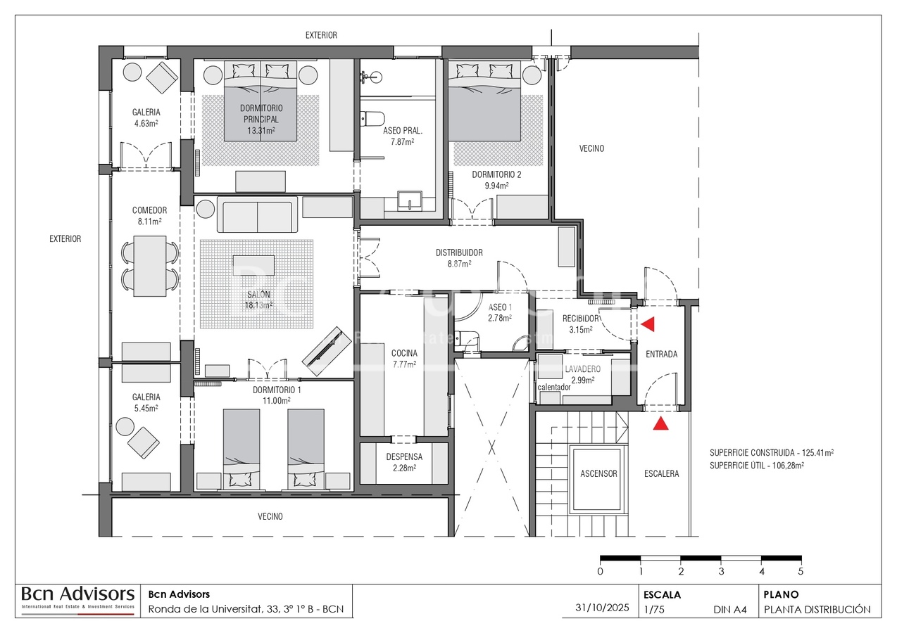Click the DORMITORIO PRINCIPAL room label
tap(261, 113)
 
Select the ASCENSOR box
tap(598, 473)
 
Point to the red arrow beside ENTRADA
tap(648, 324)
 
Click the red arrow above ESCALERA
tap(660, 423)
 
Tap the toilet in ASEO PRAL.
tap(371, 119)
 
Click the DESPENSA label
tap(403, 456)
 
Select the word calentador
tap(554, 387)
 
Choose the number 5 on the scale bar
tap(801, 571)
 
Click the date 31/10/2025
tap(602, 608)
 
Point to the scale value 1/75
tap(654, 610)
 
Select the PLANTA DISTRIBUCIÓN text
tap(817, 610)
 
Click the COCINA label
tap(404, 353)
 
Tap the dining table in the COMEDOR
tap(149, 266)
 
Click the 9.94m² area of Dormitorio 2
tap(497, 186)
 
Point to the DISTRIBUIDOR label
tap(458, 252)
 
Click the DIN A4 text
tap(729, 610)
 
